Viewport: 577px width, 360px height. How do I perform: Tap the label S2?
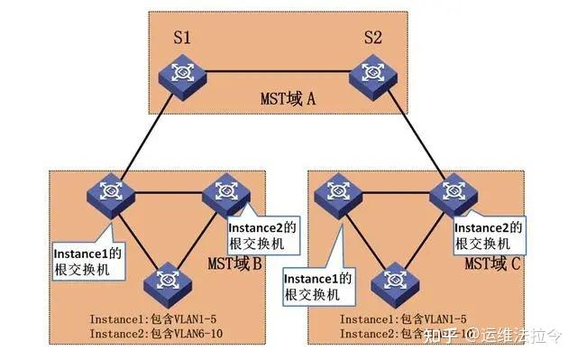click(371, 39)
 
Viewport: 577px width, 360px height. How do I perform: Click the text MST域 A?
click(286, 98)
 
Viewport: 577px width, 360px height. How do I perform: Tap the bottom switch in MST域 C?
click(397, 282)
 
